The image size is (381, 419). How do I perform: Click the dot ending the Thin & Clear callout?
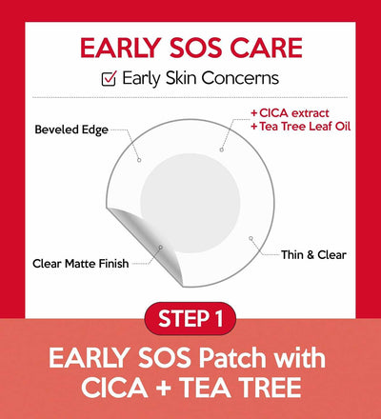click(251, 237)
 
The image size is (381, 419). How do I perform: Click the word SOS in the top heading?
click(194, 49)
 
